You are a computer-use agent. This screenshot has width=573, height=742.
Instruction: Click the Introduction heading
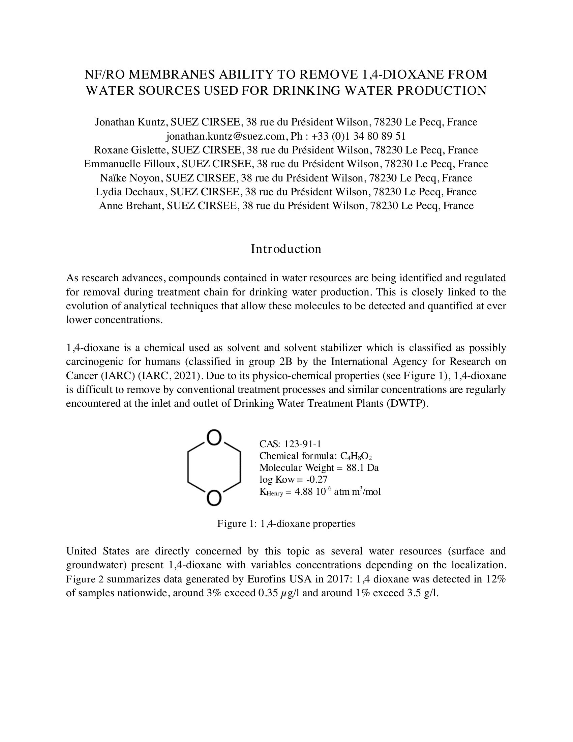286,249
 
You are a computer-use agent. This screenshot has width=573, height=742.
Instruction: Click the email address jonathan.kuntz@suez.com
225,136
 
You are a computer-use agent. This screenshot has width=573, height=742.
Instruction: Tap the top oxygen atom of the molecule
214,438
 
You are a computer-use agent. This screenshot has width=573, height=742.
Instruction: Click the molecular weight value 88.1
355,468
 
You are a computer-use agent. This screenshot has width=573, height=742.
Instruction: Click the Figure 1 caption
286,524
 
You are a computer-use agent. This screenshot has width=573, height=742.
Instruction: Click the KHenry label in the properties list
271,492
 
